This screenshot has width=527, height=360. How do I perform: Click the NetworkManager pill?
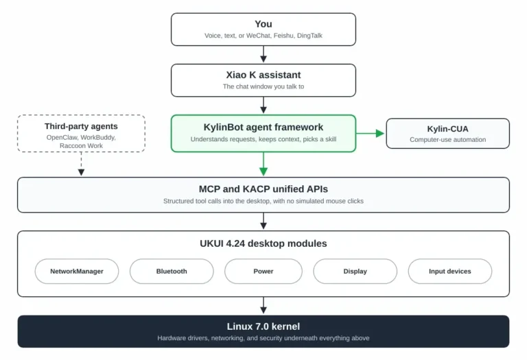coord(77,271)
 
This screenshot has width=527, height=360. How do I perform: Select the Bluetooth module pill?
coord(172,271)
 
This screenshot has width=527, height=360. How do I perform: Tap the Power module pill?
coord(263,271)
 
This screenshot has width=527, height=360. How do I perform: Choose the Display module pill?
coord(355,271)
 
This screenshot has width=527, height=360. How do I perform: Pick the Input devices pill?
coord(449,271)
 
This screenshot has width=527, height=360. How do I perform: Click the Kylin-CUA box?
coord(447,133)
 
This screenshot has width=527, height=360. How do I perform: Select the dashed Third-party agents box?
coord(81,133)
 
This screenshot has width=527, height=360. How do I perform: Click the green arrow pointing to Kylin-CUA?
coord(370,133)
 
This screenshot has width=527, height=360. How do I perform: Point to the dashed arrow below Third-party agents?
coord(81,164)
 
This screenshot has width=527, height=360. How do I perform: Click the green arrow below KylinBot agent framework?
coord(263,164)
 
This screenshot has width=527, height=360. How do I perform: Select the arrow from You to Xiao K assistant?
coord(263,54)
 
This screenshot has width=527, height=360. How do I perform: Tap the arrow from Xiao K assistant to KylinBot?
coord(263,105)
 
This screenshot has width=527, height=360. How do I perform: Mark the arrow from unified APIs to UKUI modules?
coord(263,221)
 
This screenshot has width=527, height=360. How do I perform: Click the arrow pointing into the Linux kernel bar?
coord(263,305)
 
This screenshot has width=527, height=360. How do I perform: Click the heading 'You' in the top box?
coord(263,24)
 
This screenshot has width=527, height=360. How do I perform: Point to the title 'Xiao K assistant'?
coord(263,75)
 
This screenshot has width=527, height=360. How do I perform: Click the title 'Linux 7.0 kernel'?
coord(263,326)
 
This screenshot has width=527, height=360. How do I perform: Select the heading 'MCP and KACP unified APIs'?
coord(263,189)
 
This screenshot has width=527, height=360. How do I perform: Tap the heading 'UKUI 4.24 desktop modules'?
coord(263,243)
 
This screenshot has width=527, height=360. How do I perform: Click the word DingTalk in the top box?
coord(309,36)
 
